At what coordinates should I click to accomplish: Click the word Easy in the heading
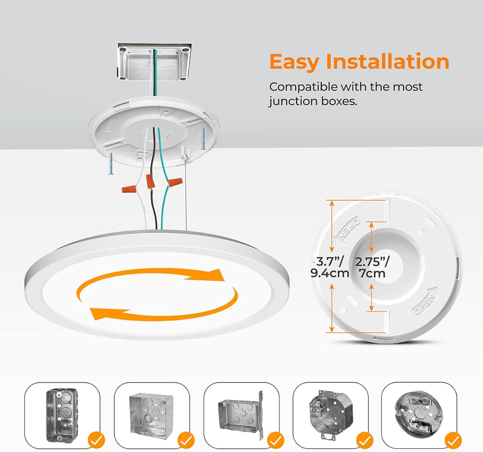[x=294, y=62]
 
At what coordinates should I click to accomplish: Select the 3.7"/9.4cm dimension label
[x=330, y=267]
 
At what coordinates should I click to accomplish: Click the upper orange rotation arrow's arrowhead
[x=217, y=275]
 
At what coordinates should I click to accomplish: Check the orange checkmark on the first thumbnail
[x=97, y=441]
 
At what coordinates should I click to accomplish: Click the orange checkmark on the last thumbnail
[x=453, y=441]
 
